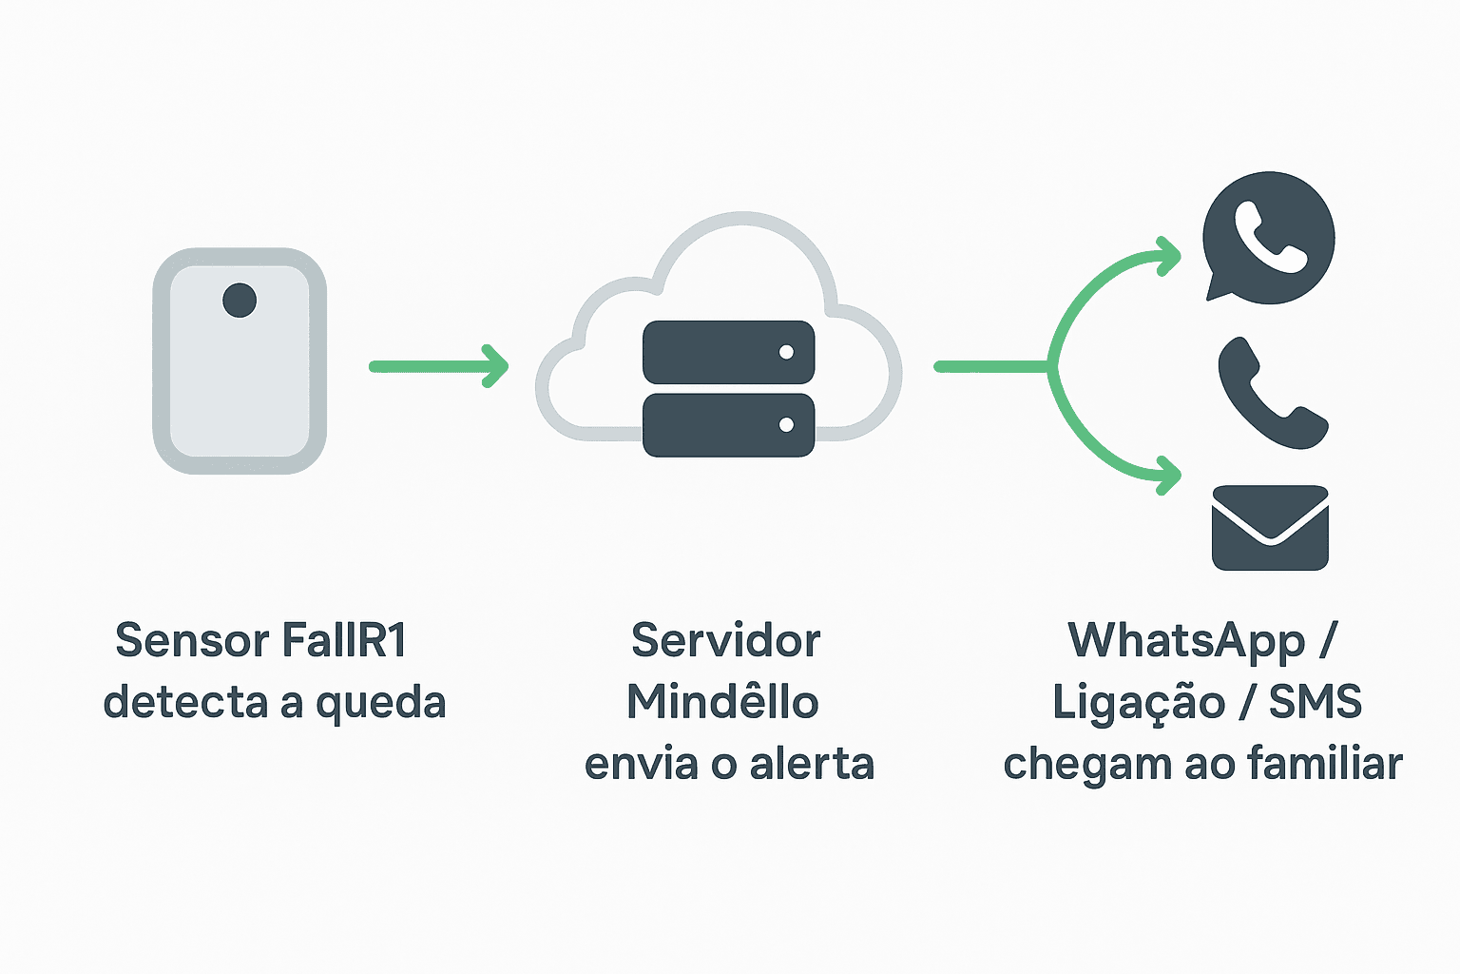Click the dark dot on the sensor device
tap(240, 301)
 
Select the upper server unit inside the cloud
tap(728, 352)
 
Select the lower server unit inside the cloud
tap(728, 424)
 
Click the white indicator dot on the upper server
tap(786, 352)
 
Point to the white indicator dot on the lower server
tap(786, 424)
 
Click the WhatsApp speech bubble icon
tap(1268, 238)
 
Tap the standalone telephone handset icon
tap(1272, 393)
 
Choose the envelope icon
tap(1270, 528)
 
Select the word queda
tap(380, 704)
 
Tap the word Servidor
tap(725, 640)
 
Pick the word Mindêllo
tap(722, 702)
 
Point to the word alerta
tap(812, 764)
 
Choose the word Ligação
tap(1138, 704)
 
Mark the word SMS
tap(1315, 702)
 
